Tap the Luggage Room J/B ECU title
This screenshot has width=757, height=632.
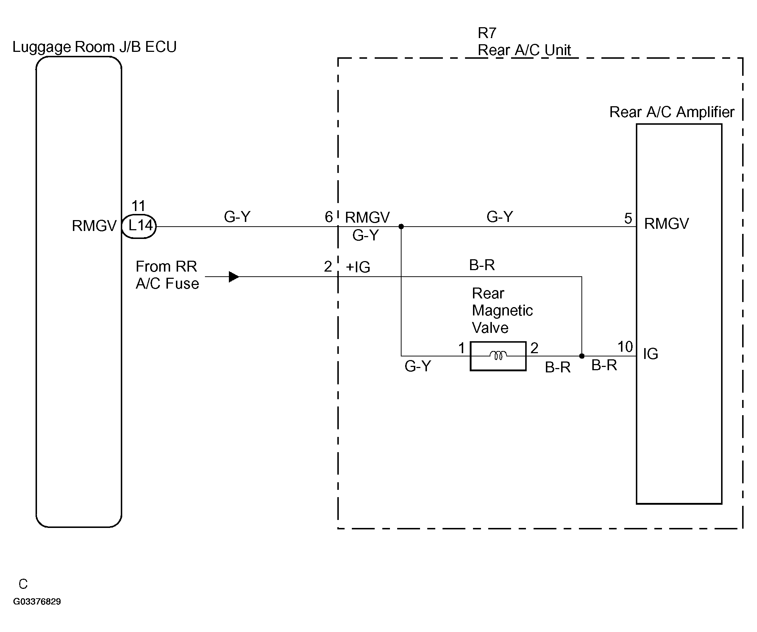click(94, 47)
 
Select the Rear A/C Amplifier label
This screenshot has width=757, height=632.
click(672, 112)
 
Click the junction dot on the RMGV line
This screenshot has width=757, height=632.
click(401, 227)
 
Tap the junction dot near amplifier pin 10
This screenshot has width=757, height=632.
click(582, 356)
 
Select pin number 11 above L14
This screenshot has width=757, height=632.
click(138, 206)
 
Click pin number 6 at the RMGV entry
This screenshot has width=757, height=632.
click(329, 217)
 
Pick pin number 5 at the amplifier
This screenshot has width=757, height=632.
click(628, 218)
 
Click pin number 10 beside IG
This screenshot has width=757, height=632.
click(625, 347)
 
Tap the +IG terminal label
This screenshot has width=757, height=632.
click(358, 267)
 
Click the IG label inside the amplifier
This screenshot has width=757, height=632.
click(651, 354)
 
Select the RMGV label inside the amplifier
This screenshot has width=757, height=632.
click(666, 224)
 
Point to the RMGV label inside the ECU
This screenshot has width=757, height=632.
click(94, 226)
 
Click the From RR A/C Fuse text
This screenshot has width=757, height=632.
click(167, 275)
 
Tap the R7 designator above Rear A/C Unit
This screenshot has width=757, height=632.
click(487, 33)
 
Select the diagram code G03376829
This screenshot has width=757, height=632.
click(37, 602)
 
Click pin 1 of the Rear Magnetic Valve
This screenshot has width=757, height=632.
click(461, 348)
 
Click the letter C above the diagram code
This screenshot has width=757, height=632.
click(23, 584)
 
